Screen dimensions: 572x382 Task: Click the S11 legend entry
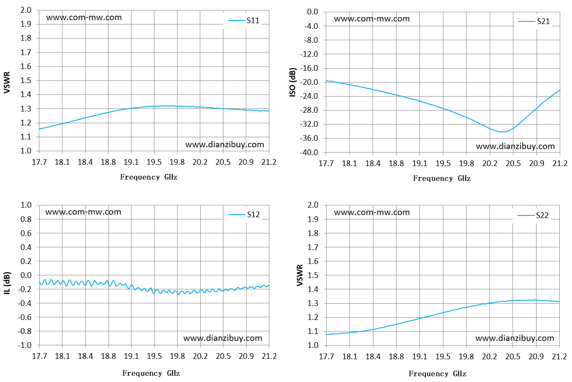point(244,21)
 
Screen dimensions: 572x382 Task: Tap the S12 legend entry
point(244,215)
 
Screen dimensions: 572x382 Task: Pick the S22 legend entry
point(533,215)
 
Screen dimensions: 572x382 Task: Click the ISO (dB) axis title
point(293,82)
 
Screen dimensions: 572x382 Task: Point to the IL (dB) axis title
point(7,283)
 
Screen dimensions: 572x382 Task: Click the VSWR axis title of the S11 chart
point(7,82)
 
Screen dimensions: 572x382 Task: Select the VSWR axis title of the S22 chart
point(300,275)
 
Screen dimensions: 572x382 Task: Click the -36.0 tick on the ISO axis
point(309,138)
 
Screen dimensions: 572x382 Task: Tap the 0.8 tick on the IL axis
point(26,219)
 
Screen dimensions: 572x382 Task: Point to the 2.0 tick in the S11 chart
point(26,10)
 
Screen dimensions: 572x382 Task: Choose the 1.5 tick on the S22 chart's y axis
point(313,275)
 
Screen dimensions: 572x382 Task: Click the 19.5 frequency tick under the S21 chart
point(443,163)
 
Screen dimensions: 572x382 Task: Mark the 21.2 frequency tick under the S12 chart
point(269,356)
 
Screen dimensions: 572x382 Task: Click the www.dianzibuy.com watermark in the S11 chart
point(225,145)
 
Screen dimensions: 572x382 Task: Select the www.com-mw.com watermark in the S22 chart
point(372,212)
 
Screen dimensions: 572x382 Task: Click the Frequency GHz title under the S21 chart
point(442,178)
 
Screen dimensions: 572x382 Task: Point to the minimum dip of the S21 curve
point(501,132)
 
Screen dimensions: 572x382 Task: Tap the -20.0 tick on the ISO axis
point(309,82)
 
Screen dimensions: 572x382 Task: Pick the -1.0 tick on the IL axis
point(24,345)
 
